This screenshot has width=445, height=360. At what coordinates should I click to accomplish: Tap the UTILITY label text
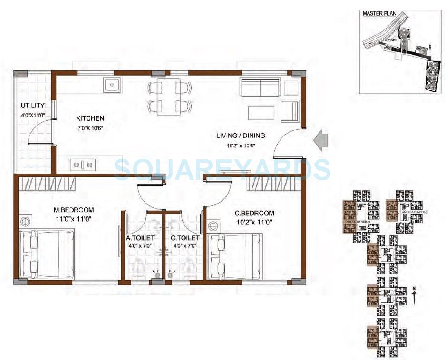coord(33,105)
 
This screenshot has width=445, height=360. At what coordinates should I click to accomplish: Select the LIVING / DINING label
coord(241,136)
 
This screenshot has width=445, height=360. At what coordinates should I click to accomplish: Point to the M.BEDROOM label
coord(73,210)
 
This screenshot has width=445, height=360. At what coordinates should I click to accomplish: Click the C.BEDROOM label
coord(254,214)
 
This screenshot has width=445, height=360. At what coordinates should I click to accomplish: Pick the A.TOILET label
coord(140,238)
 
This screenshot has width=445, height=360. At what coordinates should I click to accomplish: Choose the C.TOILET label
coord(184,238)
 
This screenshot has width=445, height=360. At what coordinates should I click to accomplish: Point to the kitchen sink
coord(112,86)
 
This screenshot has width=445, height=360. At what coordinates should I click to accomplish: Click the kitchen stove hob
coord(83,165)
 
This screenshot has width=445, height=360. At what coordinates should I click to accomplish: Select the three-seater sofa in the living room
coord(260,88)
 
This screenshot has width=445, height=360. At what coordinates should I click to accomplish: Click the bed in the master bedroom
coord(47,254)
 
